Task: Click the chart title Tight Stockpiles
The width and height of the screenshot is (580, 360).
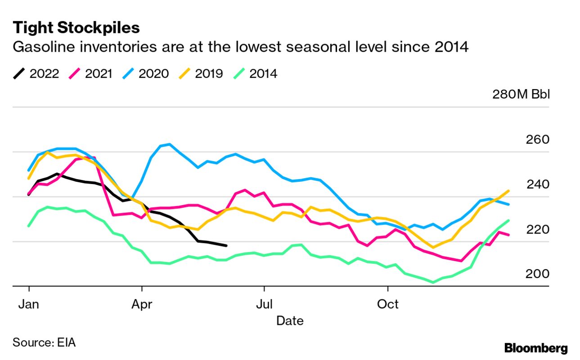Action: click(x=76, y=28)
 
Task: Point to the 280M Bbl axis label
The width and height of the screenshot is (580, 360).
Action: click(x=520, y=95)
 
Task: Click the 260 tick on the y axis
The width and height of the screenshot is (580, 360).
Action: click(x=537, y=139)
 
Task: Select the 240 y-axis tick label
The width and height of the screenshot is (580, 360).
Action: click(x=537, y=184)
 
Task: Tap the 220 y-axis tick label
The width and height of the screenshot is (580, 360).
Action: click(x=537, y=229)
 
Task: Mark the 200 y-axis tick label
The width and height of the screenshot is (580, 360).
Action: click(x=537, y=274)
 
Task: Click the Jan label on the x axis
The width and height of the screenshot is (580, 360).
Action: click(x=29, y=305)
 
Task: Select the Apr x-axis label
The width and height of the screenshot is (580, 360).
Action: click(x=142, y=305)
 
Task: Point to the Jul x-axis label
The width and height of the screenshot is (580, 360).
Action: click(x=264, y=305)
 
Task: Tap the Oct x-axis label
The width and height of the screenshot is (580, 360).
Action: click(x=387, y=305)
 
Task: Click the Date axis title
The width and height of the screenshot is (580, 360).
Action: click(x=289, y=321)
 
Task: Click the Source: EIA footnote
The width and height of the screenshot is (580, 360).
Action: click(x=44, y=342)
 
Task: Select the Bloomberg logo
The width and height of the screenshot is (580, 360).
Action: click(x=536, y=348)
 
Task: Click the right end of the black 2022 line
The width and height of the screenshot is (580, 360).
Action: click(x=226, y=246)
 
